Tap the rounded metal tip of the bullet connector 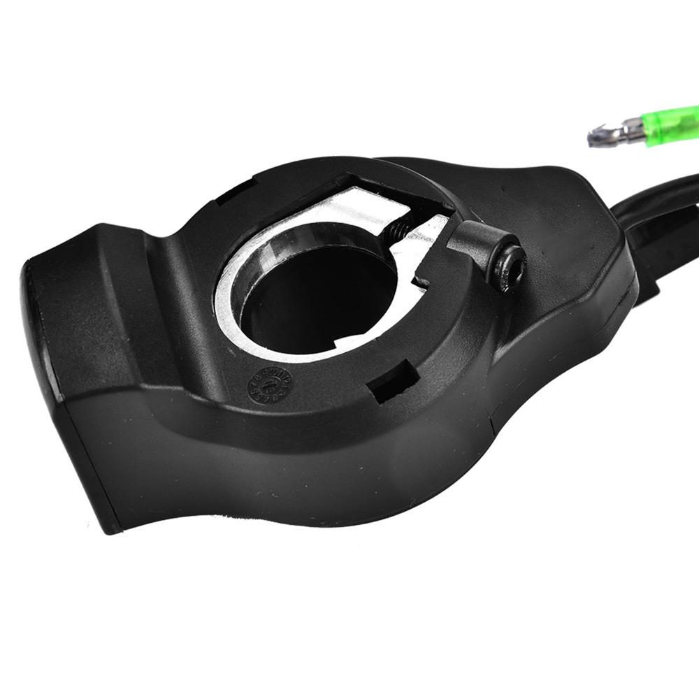596,136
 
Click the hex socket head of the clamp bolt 508,263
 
